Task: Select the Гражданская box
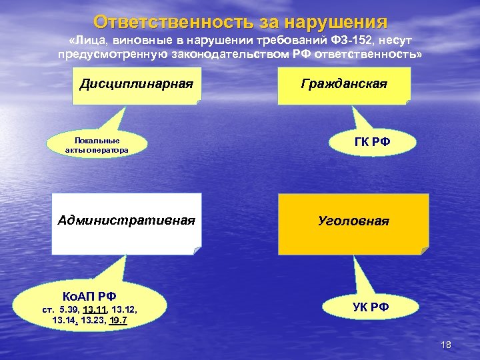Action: (344, 85)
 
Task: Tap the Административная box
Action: (127, 223)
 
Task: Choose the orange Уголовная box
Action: (353, 223)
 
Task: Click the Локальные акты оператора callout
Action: (97, 145)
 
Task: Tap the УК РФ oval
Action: (370, 307)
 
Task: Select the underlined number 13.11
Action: (97, 310)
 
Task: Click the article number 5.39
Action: (68, 310)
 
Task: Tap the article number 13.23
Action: (94, 321)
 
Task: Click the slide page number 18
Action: (447, 344)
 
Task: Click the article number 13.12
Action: (125, 310)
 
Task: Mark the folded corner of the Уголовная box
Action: (423, 251)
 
